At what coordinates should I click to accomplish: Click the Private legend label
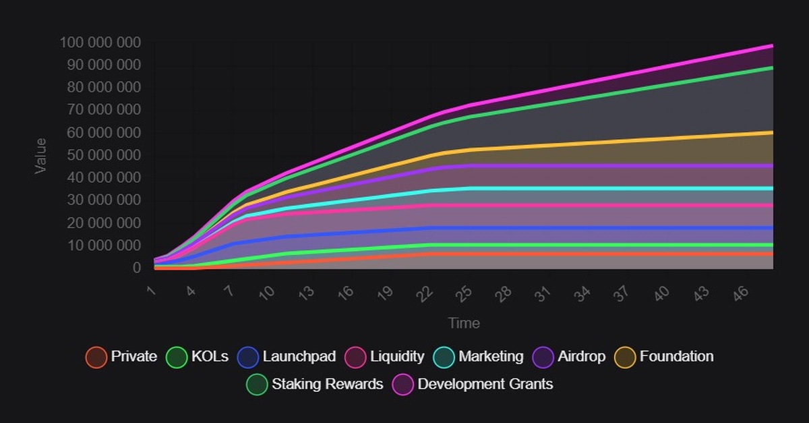click(133, 357)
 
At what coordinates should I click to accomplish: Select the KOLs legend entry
click(210, 357)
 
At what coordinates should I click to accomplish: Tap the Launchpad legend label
click(299, 357)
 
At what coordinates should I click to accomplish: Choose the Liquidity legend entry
click(397, 357)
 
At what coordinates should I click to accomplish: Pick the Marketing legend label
click(490, 357)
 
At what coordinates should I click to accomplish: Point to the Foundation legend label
click(676, 357)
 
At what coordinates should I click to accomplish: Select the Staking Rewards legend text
click(327, 385)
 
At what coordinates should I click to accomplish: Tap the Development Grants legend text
click(485, 385)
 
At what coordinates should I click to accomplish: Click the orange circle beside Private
click(96, 357)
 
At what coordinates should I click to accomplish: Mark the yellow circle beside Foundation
click(626, 357)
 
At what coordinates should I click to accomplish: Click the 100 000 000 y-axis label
click(100, 43)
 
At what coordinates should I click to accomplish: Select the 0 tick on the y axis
click(136, 268)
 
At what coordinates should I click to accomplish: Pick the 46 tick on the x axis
click(738, 293)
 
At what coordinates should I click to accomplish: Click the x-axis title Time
click(464, 323)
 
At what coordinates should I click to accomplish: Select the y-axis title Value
click(41, 155)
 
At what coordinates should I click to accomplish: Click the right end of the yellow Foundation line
click(771, 132)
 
